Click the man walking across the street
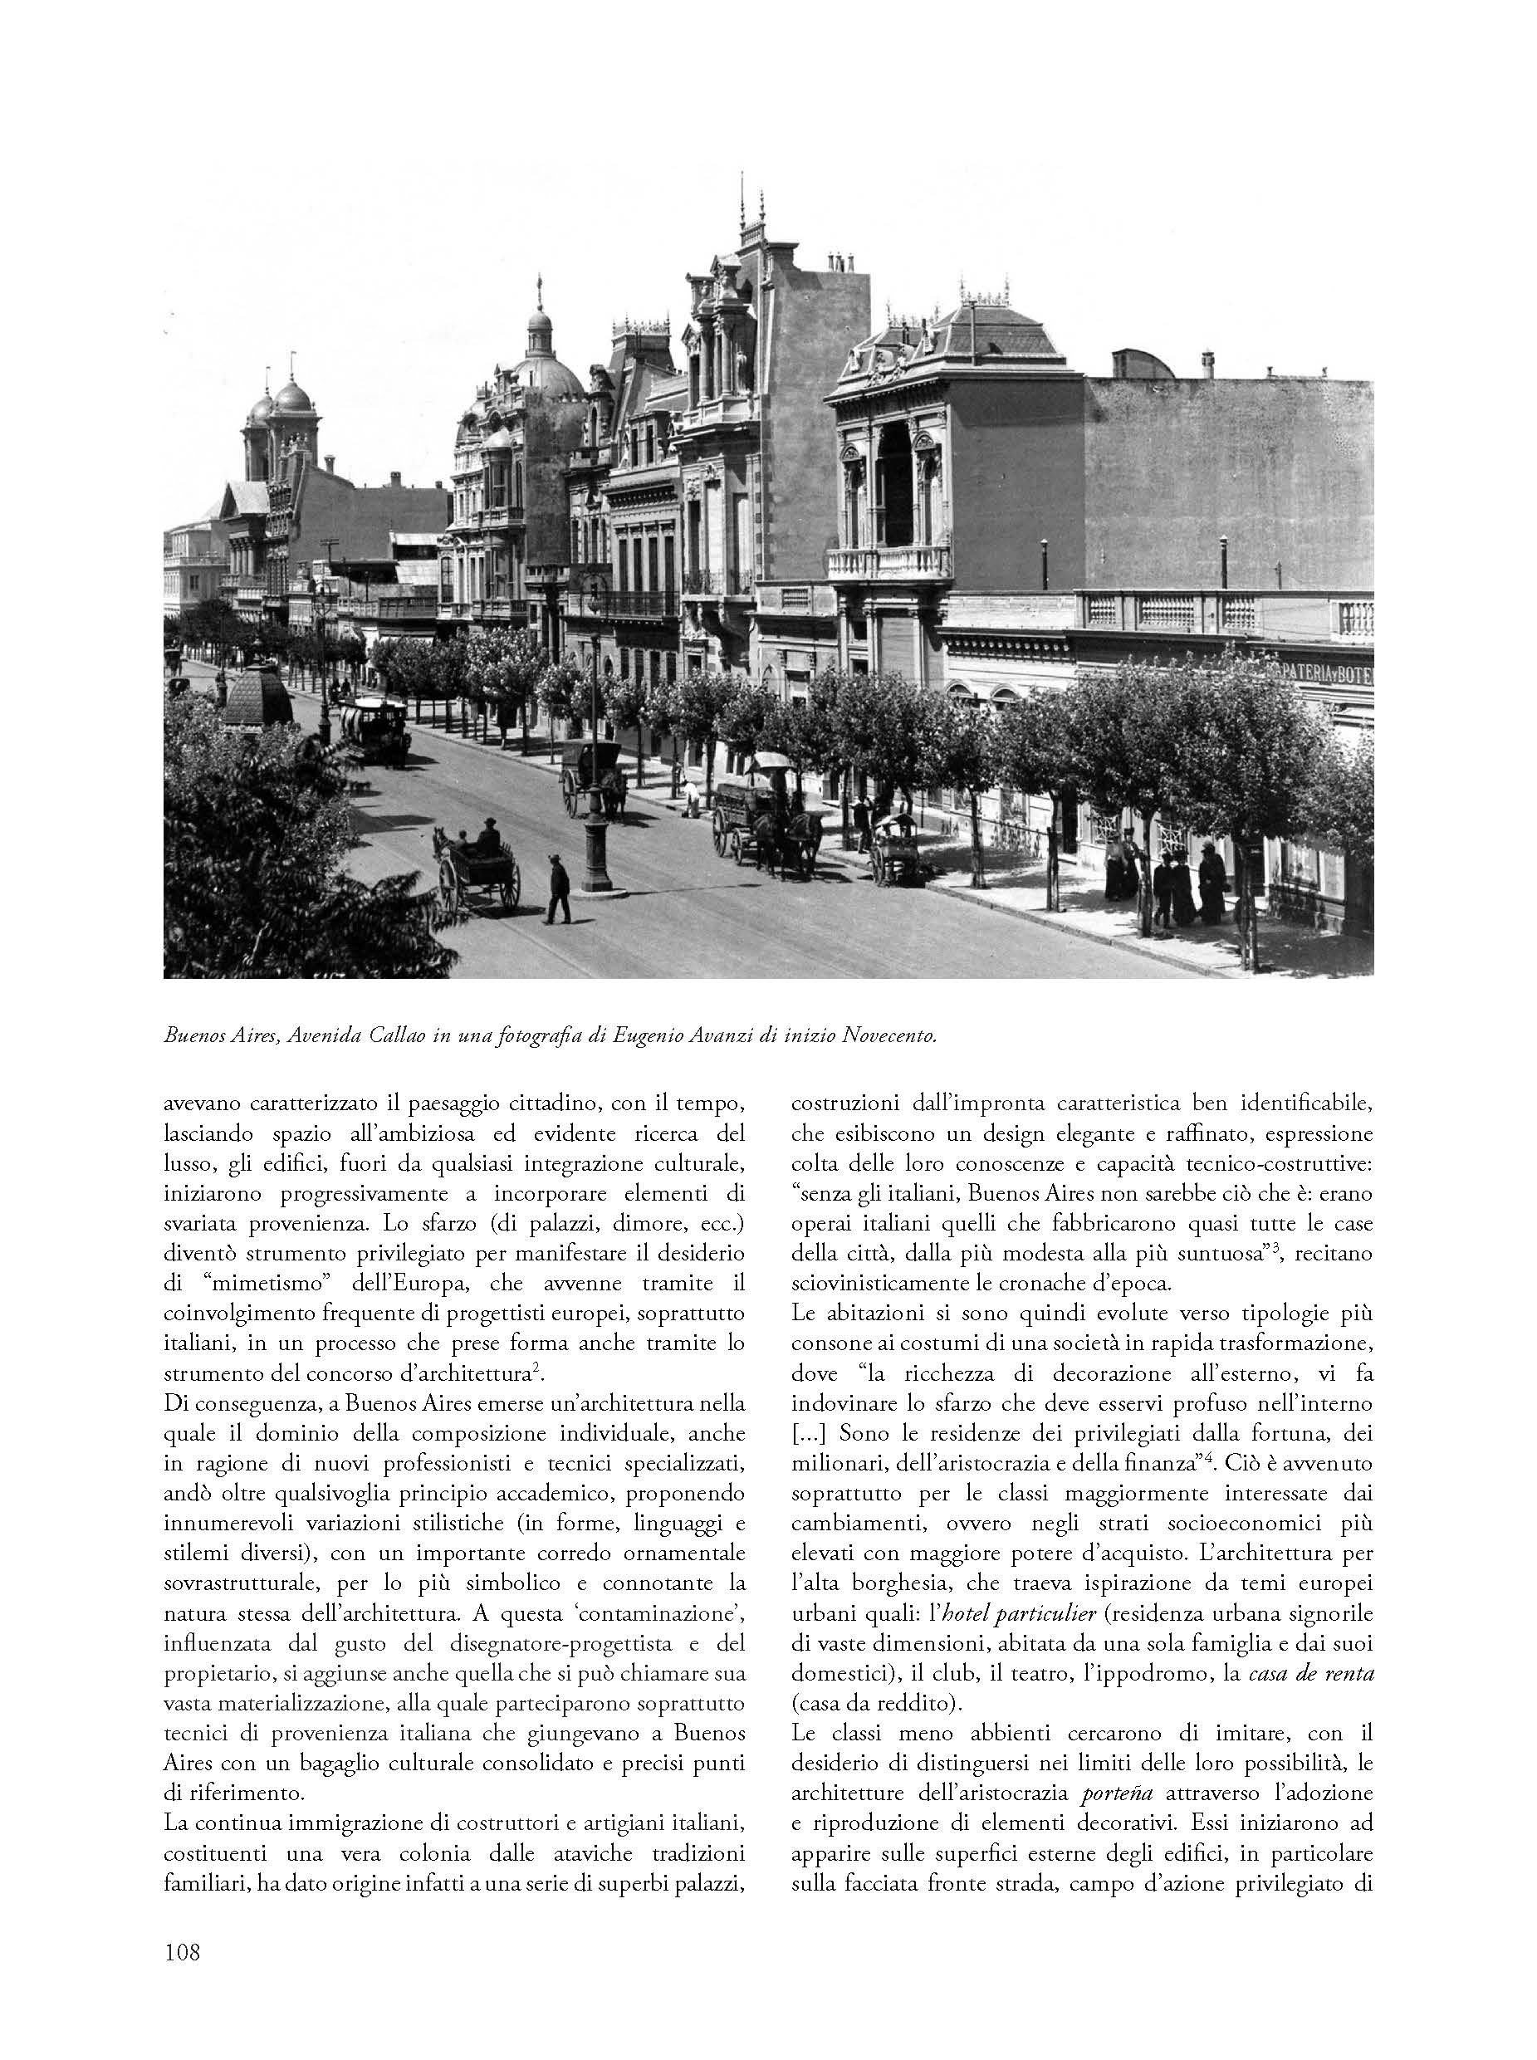click(559, 889)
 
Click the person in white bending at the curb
click(690, 797)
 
